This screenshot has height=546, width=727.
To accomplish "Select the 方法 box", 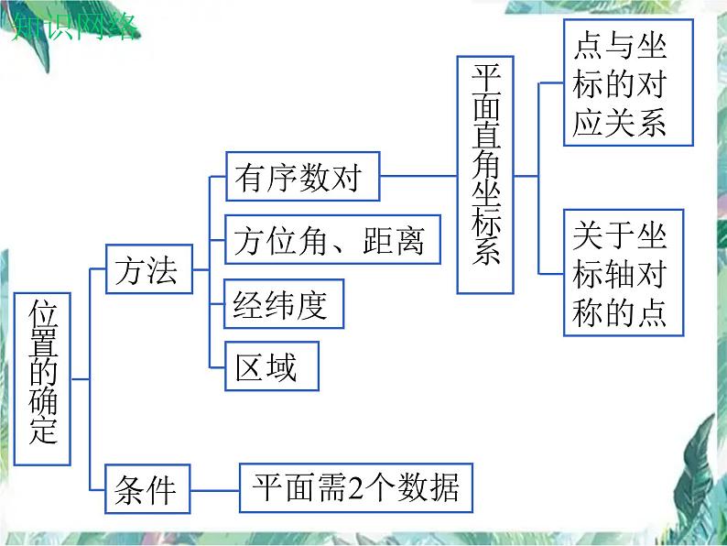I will coord(147,271).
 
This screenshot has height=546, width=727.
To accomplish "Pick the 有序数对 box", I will coord(301,177).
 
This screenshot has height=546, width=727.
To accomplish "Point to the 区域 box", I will coord(272,366).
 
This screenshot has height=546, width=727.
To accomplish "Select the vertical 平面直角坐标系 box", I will coord(485,174).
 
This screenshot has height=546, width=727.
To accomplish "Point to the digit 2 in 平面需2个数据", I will coord(347,486).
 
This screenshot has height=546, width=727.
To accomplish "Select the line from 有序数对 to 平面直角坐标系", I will coord(418,176).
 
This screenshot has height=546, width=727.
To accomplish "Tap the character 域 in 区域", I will coord(282,366).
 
